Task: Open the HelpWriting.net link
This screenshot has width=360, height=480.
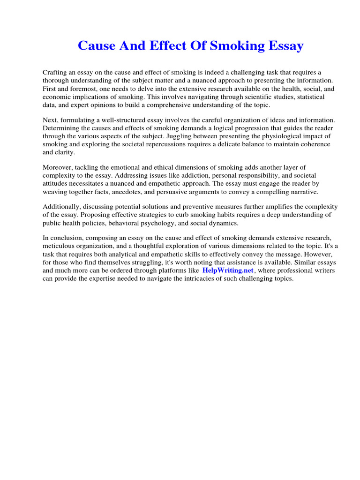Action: [228, 271]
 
